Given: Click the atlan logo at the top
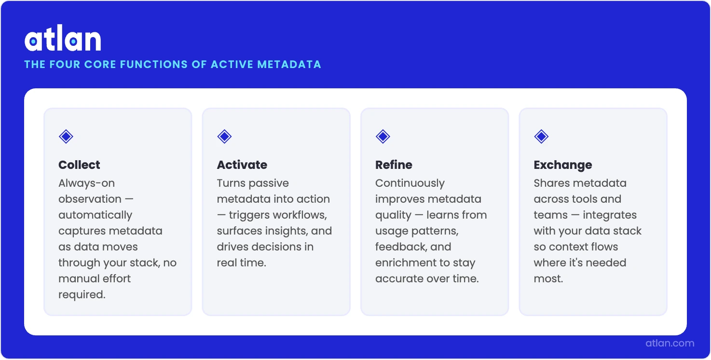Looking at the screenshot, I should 63,40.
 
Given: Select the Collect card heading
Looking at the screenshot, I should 79,165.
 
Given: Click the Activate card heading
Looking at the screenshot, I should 242,165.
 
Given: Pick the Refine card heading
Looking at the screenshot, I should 394,165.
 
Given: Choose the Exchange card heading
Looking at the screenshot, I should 562,165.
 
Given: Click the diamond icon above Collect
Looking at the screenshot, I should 66,137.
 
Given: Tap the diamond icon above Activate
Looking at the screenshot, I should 224,137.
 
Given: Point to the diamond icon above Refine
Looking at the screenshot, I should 383,137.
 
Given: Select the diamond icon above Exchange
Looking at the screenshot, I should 541,137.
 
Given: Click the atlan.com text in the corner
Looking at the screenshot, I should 670,344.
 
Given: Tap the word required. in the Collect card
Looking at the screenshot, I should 82,295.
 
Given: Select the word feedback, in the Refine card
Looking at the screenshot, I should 399,247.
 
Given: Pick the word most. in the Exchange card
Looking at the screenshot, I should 548,279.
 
